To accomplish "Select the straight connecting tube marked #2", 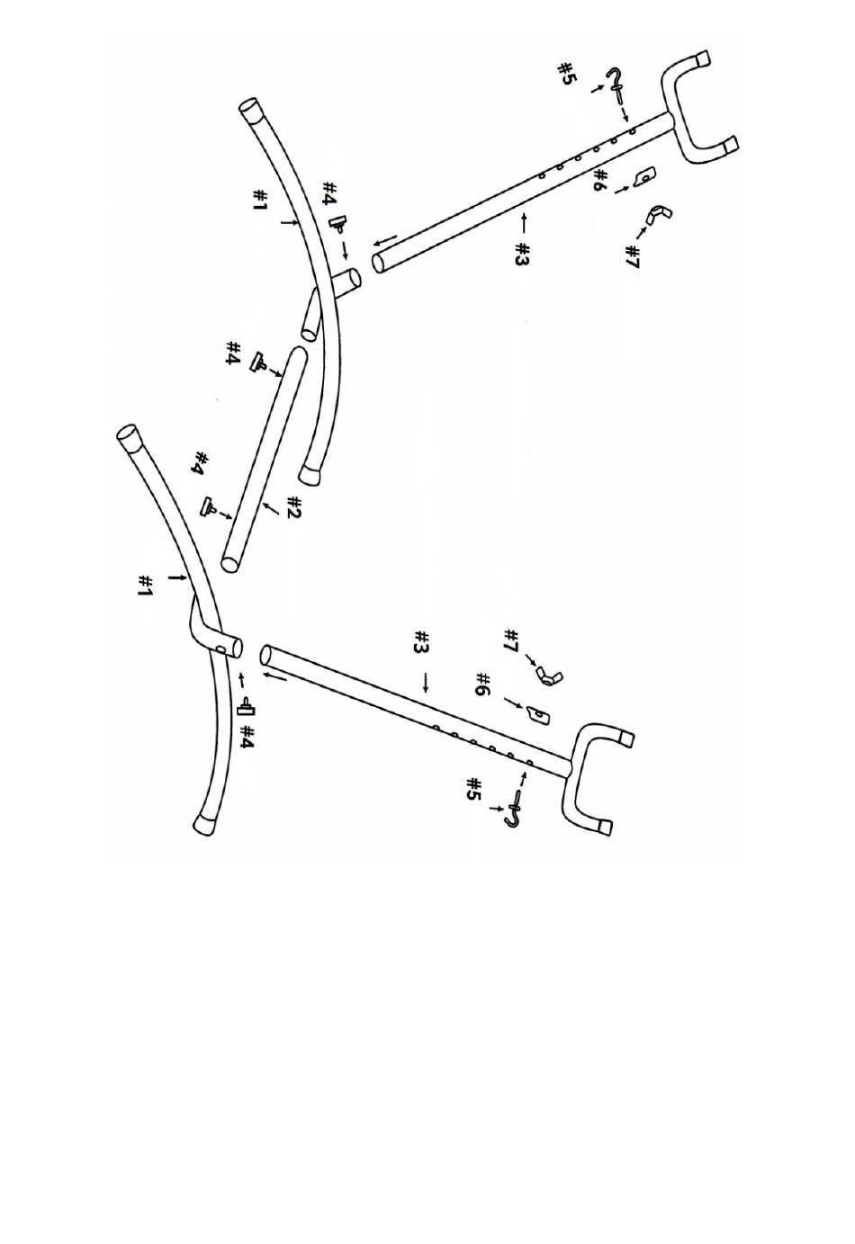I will (264, 459).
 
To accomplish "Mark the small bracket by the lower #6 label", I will (536, 713).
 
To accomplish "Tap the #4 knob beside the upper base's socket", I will (339, 222).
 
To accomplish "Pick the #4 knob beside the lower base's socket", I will (244, 708).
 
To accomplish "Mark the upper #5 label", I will (566, 74).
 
